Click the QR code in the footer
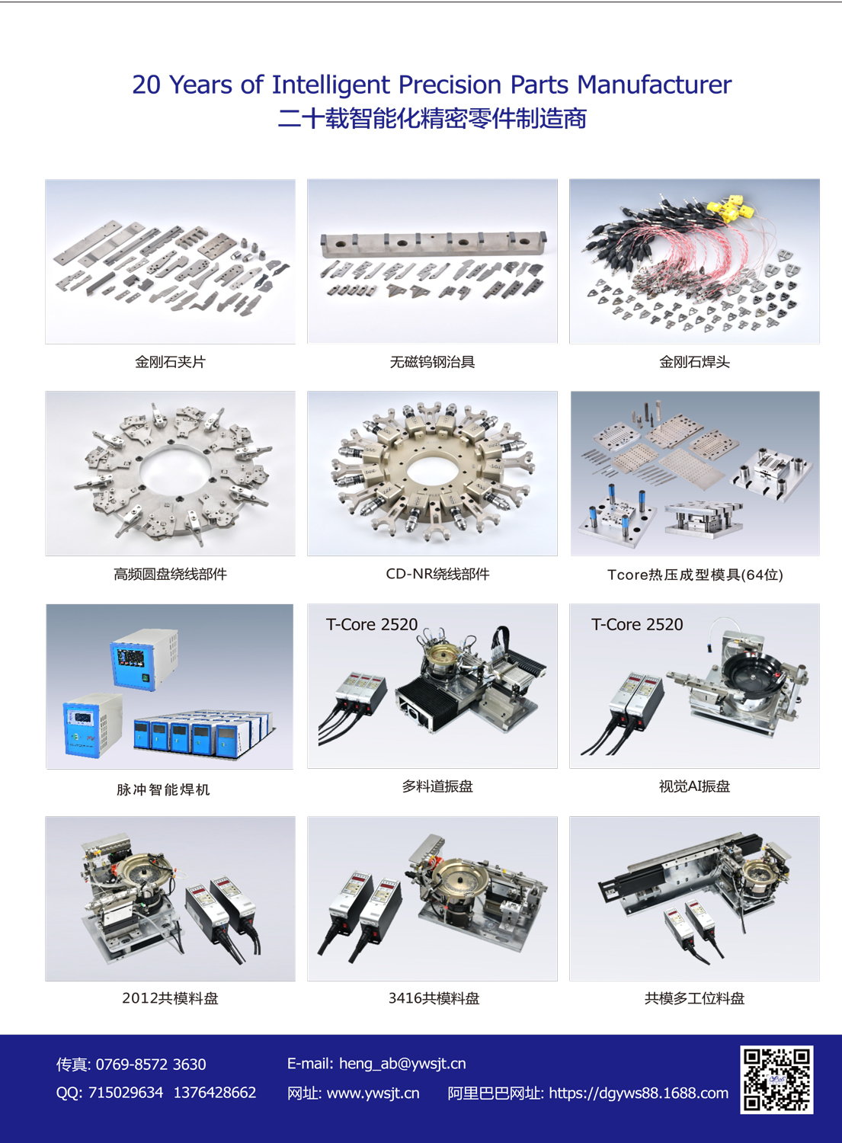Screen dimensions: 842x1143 [776, 1080]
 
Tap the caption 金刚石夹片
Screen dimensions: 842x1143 [170, 362]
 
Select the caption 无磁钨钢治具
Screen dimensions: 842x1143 [432, 362]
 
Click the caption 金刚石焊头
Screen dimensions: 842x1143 [694, 362]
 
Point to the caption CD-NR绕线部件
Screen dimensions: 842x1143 [437, 574]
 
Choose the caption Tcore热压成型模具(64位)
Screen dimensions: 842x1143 [695, 575]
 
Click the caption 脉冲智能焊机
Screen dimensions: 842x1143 [163, 789]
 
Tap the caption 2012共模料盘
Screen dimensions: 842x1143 [170, 998]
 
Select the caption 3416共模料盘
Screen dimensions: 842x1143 [434, 998]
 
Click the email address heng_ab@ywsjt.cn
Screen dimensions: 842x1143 [402, 1064]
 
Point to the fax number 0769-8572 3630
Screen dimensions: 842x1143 [151, 1065]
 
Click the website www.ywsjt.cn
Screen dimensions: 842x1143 [373, 1093]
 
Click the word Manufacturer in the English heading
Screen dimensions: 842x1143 [655, 84]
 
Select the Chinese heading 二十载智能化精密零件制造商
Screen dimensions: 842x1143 [432, 118]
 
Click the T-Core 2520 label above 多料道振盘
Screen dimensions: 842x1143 [372, 624]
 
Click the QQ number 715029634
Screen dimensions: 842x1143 [126, 1093]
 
